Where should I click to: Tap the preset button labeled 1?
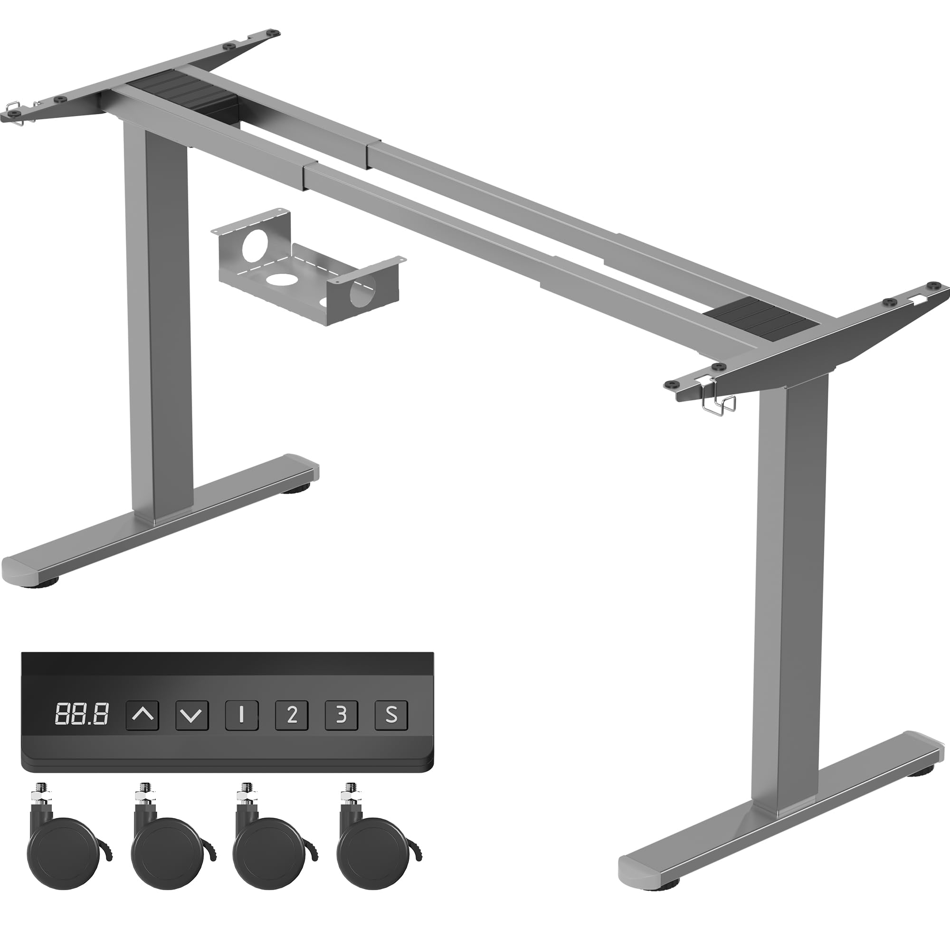tap(241, 715)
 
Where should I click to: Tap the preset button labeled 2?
tap(292, 715)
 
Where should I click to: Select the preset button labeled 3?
tap(341, 715)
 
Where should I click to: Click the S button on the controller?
tap(391, 715)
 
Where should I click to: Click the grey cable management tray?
tap(307, 266)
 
